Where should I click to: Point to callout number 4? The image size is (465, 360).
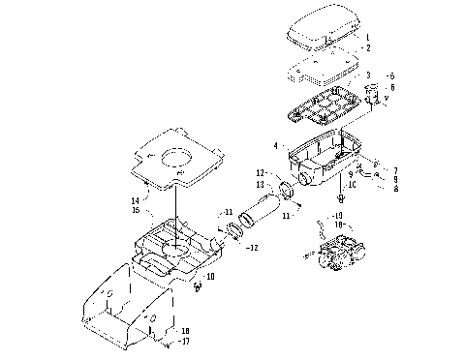276,146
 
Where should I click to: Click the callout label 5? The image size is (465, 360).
391,75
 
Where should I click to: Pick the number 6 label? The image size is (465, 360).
391,88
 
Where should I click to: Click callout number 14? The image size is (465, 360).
136,200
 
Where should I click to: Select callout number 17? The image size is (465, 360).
186,341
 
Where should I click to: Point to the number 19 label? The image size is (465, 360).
338,215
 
